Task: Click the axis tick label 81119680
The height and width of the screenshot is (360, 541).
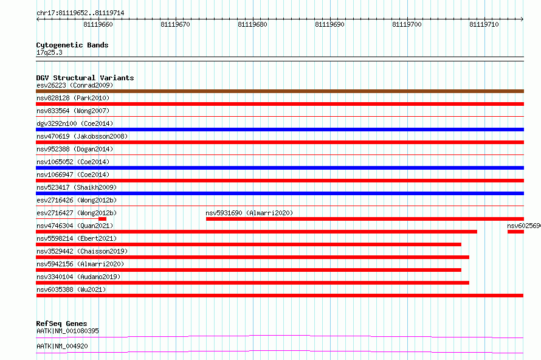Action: (252, 24)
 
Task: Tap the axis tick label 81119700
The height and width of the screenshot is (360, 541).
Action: (407, 24)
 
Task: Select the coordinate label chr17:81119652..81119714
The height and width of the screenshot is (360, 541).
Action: (80, 13)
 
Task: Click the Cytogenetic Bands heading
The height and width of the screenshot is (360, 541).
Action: (72, 45)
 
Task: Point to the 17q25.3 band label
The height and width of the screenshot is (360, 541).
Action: (49, 52)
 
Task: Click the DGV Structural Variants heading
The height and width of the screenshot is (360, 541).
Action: (85, 78)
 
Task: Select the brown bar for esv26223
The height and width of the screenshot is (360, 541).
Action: (280, 91)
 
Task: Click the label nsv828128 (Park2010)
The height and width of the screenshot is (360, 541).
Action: (73, 98)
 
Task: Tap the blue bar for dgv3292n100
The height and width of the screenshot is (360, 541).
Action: (280, 130)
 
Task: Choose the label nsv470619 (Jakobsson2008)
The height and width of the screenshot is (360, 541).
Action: (82, 136)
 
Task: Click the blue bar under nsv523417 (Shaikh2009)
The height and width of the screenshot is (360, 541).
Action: (280, 193)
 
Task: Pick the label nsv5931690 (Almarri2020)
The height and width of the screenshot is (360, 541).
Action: (249, 213)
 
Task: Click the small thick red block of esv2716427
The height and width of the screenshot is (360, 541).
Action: (103, 219)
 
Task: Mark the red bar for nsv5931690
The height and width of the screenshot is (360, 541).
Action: (365, 219)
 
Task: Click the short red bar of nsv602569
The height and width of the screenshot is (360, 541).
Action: (516, 232)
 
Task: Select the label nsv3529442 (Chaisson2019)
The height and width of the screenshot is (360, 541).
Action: (82, 251)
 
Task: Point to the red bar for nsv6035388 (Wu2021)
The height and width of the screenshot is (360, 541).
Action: (280, 296)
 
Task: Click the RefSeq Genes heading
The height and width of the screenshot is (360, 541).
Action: (61, 324)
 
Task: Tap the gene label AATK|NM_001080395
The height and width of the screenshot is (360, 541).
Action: (67, 331)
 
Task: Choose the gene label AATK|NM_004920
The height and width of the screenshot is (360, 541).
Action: (62, 346)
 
